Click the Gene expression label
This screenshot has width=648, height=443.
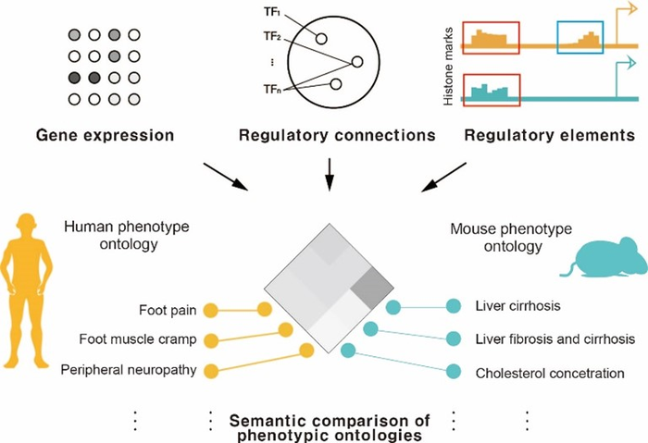click(x=105, y=136)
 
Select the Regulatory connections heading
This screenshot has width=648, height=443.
click(x=337, y=136)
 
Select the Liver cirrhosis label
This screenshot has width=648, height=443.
click(x=515, y=307)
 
